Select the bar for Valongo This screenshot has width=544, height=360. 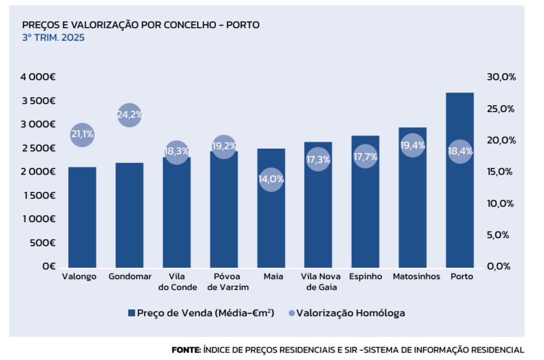[x=82, y=218]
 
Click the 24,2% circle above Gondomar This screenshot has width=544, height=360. [x=129, y=115]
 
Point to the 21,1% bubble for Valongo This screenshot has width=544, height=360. [x=82, y=134]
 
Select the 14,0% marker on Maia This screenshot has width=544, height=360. [x=271, y=179]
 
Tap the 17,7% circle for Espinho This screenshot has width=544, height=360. [x=365, y=157]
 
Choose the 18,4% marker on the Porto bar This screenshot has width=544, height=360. [x=459, y=151]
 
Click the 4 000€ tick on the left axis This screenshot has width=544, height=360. [x=38, y=77]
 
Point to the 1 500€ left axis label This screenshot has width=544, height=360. [x=38, y=195]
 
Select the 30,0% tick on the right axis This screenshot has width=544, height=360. [x=501, y=77]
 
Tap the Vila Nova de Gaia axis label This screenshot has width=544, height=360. [x=321, y=282]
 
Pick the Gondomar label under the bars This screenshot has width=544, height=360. [x=130, y=277]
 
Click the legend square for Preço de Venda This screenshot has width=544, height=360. [x=131, y=313]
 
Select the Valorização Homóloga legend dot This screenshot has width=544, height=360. [x=291, y=313]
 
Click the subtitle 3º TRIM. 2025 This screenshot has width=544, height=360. [x=54, y=38]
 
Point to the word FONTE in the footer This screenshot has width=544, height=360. [x=186, y=350]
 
